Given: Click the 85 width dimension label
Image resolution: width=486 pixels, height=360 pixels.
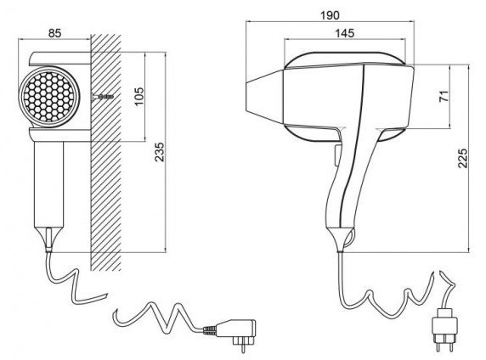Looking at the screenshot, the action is point(55,33).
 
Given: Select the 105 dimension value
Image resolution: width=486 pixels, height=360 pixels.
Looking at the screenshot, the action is point(139,96).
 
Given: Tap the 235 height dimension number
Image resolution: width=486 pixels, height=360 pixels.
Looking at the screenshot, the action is point(160,152).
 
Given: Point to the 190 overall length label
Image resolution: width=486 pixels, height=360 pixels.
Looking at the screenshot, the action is point(331,15).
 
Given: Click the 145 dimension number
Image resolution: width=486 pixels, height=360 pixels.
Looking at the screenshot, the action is point(345,33).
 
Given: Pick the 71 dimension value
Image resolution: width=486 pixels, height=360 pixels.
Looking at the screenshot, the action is point(444,96).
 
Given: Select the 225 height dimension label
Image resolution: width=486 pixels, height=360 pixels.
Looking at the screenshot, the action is point(462,158).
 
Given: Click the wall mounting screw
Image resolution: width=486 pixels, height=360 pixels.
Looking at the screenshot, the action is point(103,97).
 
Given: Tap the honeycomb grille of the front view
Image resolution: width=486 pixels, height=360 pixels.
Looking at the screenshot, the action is point(49,96).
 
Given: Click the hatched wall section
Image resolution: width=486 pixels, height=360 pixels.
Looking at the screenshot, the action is point(105,152).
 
